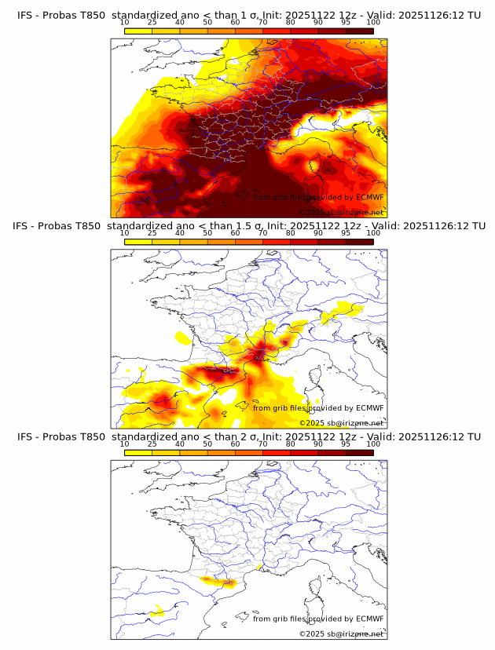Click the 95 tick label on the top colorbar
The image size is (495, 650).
point(346,22)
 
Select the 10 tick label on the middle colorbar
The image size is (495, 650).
point(125,232)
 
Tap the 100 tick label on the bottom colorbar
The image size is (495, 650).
point(373,444)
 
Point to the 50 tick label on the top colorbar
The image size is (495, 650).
point(207,22)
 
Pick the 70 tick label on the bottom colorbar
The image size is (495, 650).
point(263,444)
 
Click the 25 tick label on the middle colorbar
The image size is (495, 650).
point(152,232)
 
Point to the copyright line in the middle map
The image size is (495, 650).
point(341,423)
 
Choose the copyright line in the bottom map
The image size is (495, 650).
point(341,634)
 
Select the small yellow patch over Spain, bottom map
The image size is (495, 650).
point(157,610)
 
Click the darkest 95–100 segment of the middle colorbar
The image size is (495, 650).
point(359,241)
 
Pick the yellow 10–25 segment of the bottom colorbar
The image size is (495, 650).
point(138,452)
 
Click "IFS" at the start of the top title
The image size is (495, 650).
point(26,15)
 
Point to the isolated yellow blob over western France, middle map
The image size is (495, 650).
point(184,338)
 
